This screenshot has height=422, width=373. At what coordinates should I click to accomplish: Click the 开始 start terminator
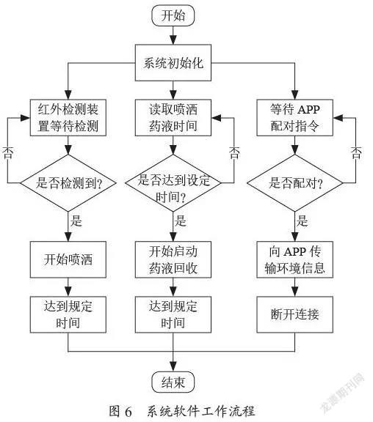[173, 15]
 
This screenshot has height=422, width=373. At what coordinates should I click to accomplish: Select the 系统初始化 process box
[173, 63]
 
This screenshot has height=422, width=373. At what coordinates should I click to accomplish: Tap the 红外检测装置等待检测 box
[68, 118]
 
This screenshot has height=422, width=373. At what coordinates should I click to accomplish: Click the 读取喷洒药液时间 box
[173, 118]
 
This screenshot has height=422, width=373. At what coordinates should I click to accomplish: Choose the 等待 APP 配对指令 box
[294, 118]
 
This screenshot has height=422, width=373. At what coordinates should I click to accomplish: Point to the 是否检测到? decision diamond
[68, 183]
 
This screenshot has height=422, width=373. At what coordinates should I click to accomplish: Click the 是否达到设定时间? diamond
[173, 183]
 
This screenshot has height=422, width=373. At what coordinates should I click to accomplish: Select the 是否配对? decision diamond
[295, 183]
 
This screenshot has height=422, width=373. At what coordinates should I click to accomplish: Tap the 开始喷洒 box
[68, 259]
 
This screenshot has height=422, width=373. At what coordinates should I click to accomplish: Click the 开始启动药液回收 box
[173, 259]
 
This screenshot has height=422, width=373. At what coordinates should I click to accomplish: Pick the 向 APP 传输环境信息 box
[294, 259]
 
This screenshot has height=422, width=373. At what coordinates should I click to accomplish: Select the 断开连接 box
[294, 314]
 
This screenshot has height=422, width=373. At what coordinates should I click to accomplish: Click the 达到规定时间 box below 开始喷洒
[68, 314]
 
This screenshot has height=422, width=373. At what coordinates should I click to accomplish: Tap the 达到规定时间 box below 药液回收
[173, 314]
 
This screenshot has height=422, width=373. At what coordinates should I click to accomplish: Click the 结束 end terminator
[173, 382]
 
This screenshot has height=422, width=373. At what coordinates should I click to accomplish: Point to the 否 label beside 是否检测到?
[7, 153]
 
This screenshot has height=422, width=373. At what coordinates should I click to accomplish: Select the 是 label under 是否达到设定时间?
[180, 221]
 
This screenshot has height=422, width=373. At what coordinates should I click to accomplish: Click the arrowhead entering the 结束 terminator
[173, 367]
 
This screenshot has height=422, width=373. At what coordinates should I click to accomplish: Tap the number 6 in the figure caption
[128, 412]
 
